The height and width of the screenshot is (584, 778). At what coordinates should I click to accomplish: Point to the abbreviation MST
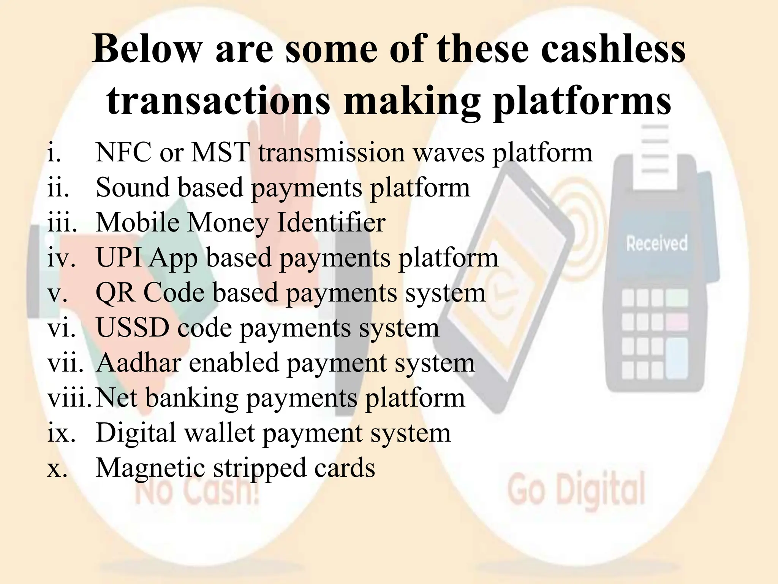point(220,153)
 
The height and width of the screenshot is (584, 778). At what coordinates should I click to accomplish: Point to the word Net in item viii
point(116,398)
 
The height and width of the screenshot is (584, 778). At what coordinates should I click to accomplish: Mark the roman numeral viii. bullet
point(69,398)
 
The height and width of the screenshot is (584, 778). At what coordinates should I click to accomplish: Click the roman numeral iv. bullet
point(61,258)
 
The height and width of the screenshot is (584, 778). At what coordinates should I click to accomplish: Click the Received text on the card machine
point(657,243)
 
